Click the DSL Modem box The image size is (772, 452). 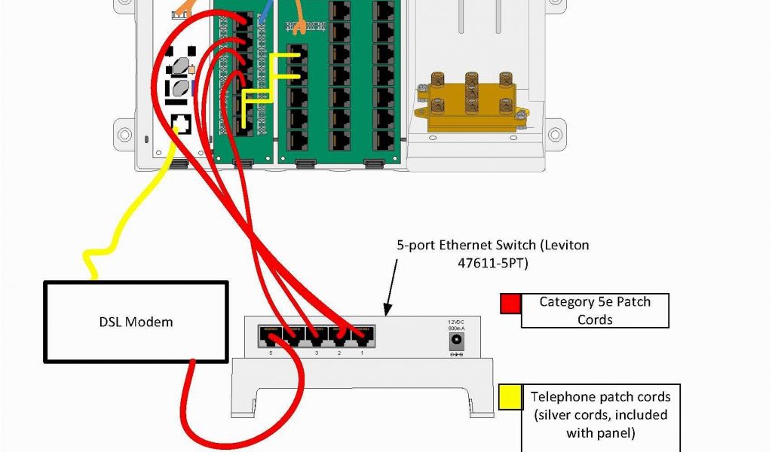[x=136, y=322]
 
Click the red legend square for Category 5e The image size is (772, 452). [x=510, y=303]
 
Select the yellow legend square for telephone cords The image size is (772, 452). [x=510, y=397]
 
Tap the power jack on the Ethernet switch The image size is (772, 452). [x=455, y=341]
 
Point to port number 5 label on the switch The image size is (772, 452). [x=270, y=353]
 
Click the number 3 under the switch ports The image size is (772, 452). [x=316, y=353]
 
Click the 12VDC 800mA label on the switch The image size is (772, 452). [x=455, y=324]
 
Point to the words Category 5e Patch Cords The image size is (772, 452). [x=595, y=310]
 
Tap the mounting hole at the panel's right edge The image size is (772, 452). [x=556, y=134]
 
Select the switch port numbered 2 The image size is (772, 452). [x=341, y=334]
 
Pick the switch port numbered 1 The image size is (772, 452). [x=363, y=334]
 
